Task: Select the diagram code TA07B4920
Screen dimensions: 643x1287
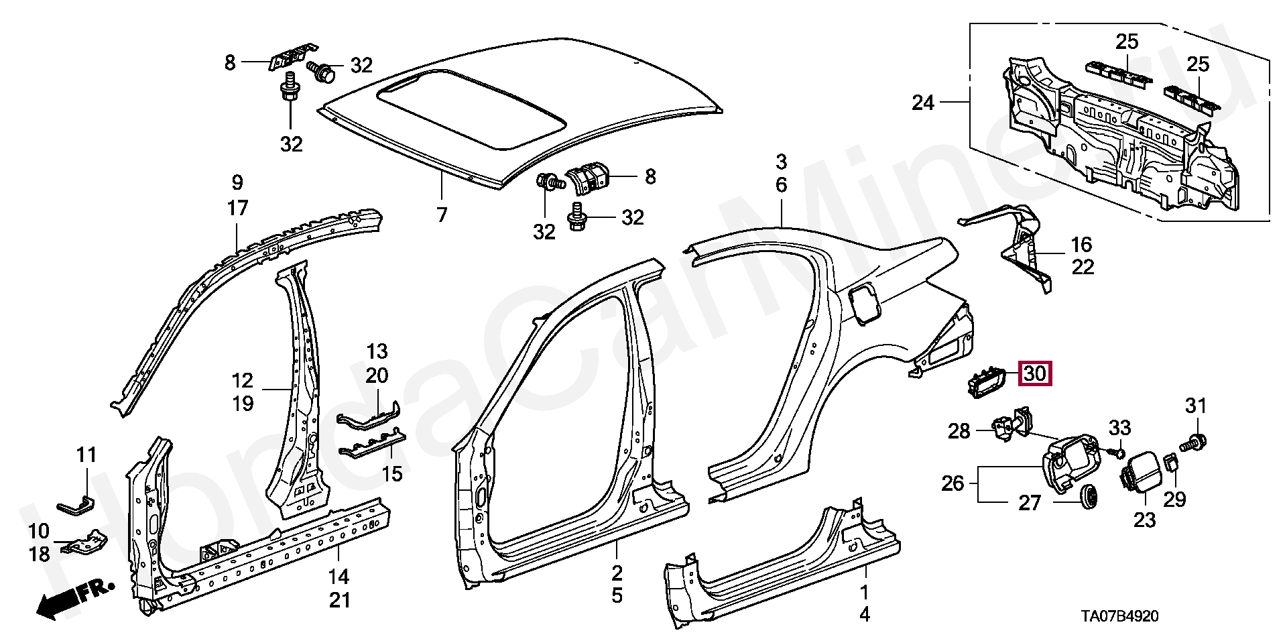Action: tap(1119, 616)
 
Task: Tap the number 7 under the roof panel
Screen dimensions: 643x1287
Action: tap(441, 215)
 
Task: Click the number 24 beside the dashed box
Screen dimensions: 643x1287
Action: tap(923, 103)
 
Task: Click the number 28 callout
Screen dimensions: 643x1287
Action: tap(959, 430)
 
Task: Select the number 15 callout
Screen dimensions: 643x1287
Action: tap(392, 474)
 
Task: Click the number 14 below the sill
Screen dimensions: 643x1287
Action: tap(339, 576)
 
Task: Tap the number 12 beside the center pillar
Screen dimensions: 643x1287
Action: tap(243, 380)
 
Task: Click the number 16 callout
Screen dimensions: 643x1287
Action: tap(1081, 245)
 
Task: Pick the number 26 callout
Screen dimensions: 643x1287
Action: tap(953, 483)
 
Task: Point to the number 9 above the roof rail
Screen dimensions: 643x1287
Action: tap(237, 182)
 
